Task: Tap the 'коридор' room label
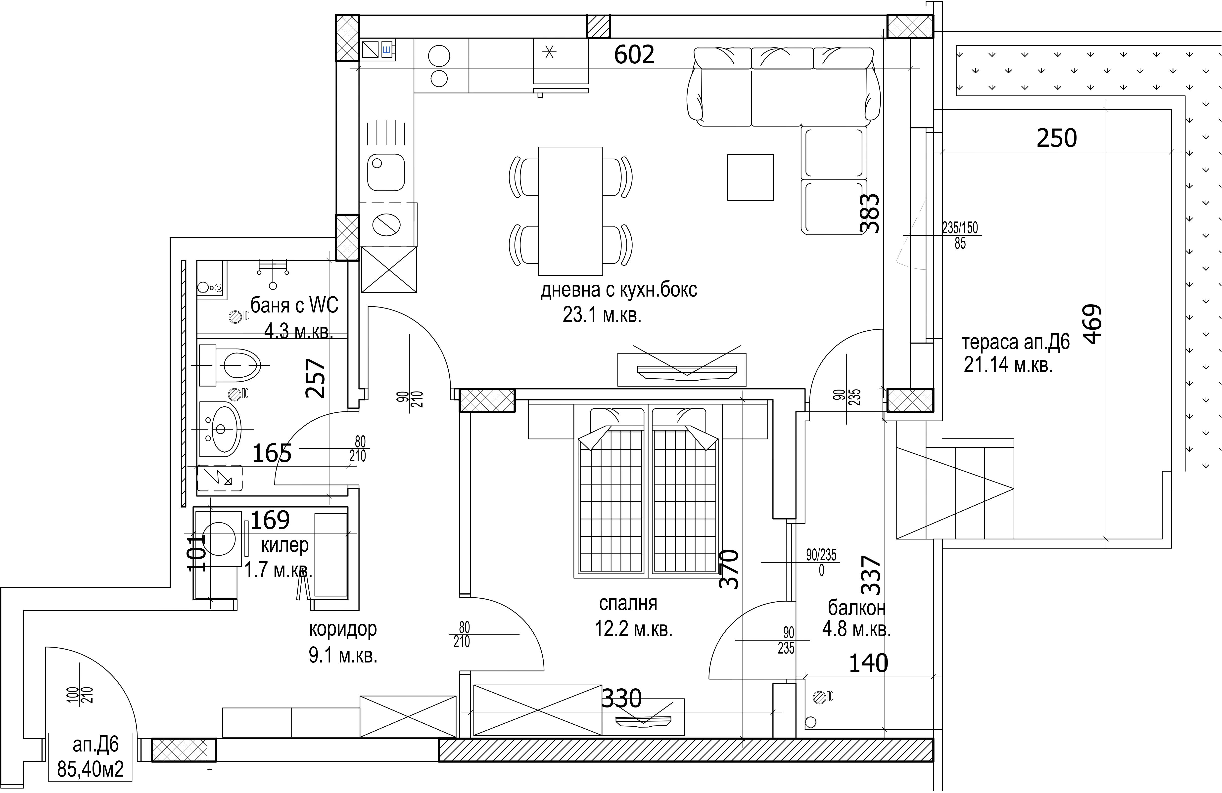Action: (x=342, y=629)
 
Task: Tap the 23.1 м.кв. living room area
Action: (x=602, y=315)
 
